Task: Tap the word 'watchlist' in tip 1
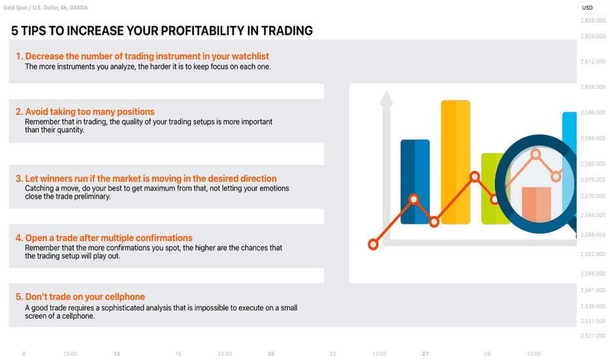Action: click(251, 56)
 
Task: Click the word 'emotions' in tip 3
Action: click(275, 189)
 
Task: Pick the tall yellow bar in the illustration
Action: click(456, 162)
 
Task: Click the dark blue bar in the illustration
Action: click(415, 182)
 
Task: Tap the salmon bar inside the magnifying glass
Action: click(536, 204)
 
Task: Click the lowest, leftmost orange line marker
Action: click(373, 244)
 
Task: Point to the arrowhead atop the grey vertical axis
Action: click(386, 98)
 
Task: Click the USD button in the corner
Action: click(588, 7)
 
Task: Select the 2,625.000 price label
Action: click(593, 20)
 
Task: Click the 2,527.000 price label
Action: click(593, 336)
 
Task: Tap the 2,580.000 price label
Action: click(593, 164)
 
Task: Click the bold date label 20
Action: click(271, 353)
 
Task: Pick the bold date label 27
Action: click(425, 353)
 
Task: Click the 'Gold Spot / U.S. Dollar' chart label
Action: click(30, 7)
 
